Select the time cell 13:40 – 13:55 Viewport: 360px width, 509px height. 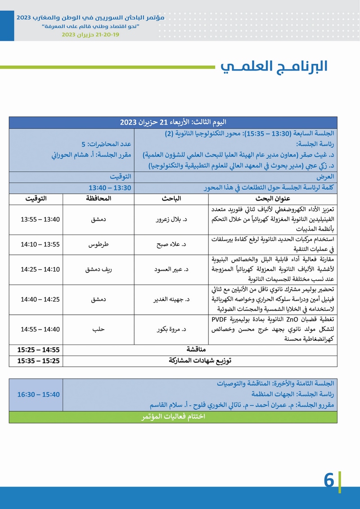coord(40,219)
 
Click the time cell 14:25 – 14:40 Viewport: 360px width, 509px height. coord(40,299)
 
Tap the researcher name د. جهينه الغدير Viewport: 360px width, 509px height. coord(170,299)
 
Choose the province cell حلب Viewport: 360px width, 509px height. coord(99,329)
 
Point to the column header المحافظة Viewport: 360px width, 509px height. coord(99,199)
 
